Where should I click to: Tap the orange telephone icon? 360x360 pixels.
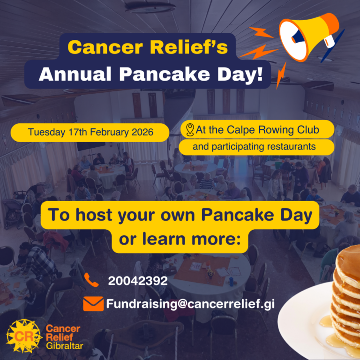(92, 280)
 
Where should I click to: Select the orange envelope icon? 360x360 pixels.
(93, 304)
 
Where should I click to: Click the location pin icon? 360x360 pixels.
(190, 130)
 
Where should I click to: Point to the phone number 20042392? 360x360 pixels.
(138, 281)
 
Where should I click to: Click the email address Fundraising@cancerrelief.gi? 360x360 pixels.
(190, 304)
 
